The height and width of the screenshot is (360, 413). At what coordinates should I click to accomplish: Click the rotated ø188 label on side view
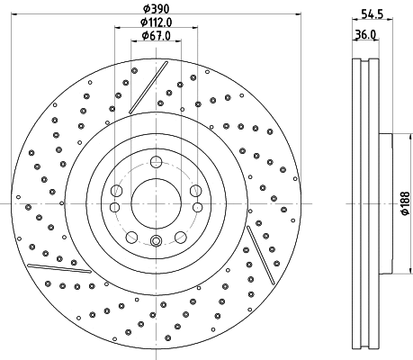click(404, 204)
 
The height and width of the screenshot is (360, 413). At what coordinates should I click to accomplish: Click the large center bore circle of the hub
click(156, 202)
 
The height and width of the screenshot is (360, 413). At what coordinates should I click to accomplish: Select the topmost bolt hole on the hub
click(156, 162)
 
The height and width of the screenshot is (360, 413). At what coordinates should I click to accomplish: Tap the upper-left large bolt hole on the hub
click(116, 190)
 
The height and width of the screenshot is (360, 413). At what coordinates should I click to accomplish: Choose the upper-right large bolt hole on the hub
click(195, 190)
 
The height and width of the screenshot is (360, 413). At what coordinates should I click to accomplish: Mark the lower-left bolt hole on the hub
click(131, 237)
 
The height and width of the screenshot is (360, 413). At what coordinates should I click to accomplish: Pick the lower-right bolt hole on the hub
click(181, 237)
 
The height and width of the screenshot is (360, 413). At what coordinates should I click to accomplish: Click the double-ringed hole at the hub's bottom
click(156, 240)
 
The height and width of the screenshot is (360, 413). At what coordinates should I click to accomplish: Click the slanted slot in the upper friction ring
click(148, 88)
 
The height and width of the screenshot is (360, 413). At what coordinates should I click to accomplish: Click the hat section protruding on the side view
click(386, 203)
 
